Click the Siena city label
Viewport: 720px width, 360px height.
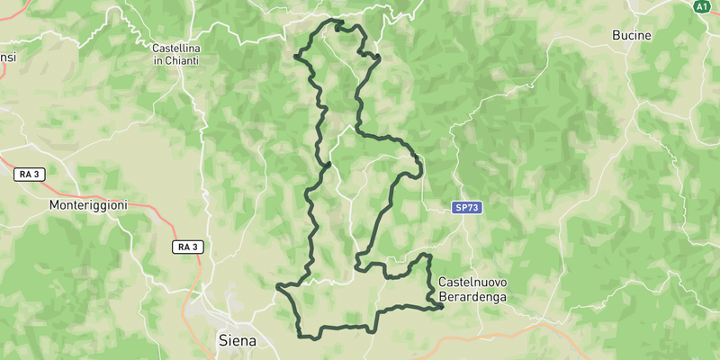(x=238, y=341)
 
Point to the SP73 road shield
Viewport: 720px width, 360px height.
(x=467, y=208)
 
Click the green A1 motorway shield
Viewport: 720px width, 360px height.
(x=702, y=5)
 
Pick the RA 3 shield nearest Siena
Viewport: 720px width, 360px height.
(x=188, y=246)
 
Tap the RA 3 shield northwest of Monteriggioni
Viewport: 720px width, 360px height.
(x=30, y=173)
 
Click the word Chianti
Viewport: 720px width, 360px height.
(x=182, y=60)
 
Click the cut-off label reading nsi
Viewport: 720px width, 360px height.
(x=7, y=58)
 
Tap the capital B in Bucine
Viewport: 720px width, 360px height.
(x=616, y=35)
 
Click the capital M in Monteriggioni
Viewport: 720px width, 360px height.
(x=54, y=204)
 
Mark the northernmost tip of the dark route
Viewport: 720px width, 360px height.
(x=337, y=21)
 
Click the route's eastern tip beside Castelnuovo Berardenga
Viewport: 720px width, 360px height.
(x=443, y=307)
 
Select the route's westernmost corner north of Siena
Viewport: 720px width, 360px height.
(x=278, y=287)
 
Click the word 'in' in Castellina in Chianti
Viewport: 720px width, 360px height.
(x=158, y=60)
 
